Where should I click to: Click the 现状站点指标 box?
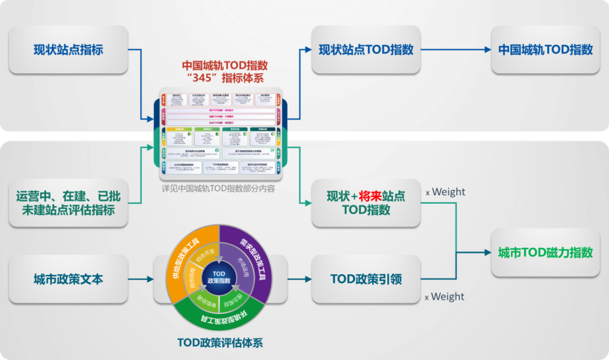tap(68, 50)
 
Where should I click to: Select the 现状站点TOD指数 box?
tap(366, 50)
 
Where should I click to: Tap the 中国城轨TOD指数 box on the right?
tap(545, 50)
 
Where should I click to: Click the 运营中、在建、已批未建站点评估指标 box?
tap(68, 203)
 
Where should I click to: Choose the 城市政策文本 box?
tap(68, 279)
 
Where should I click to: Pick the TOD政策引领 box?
tap(366, 279)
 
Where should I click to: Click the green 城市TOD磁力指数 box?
tap(545, 252)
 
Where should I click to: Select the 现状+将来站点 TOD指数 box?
tap(366, 203)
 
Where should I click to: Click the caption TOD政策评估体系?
tap(220, 343)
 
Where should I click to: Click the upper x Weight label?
tap(445, 192)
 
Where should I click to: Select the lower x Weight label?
tap(445, 296)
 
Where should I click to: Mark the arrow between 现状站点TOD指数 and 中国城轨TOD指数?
tap(456, 50)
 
